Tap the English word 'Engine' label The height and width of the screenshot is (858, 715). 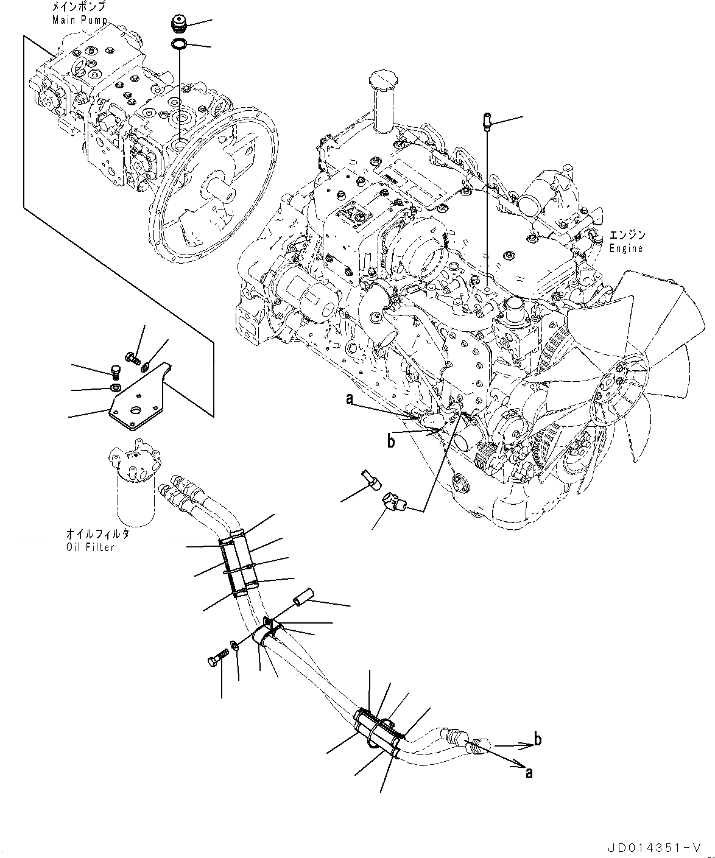(625, 248)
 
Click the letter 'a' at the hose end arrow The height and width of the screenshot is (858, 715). (529, 772)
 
